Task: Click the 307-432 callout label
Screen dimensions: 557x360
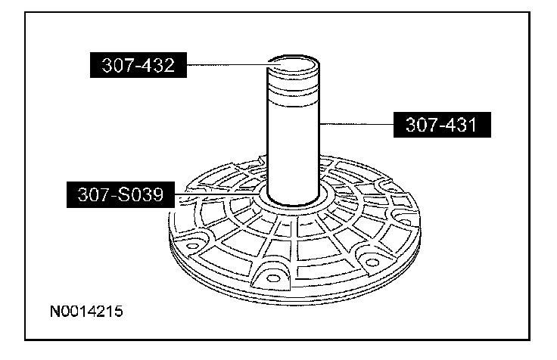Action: point(138,65)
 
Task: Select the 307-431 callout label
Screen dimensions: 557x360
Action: point(442,125)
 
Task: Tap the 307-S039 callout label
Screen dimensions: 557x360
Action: point(121,194)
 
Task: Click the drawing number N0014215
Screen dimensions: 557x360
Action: point(86,311)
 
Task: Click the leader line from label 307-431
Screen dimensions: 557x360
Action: point(356,124)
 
